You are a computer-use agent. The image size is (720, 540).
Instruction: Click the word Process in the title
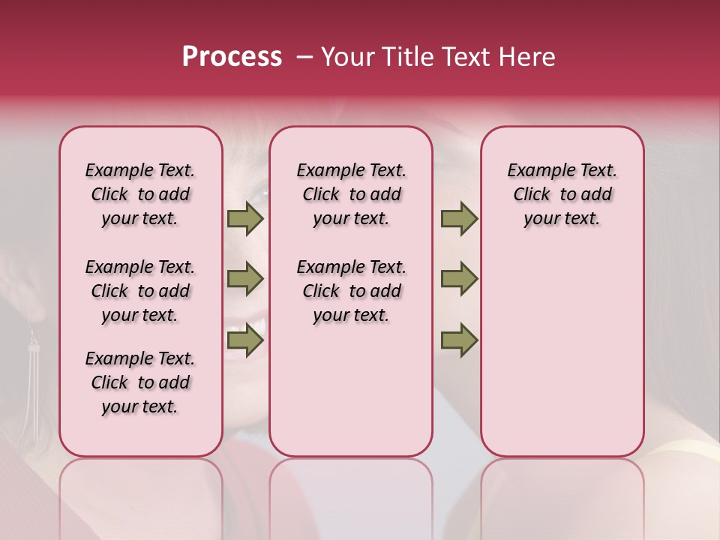[232, 57]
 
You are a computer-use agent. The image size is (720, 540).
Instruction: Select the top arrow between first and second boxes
[245, 218]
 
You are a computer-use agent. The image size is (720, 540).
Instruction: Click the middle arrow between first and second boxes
[245, 280]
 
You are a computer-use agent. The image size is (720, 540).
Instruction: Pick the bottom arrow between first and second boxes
[245, 341]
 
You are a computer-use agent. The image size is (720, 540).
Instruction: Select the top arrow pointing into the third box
[459, 218]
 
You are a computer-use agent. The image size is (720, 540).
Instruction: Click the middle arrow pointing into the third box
[459, 280]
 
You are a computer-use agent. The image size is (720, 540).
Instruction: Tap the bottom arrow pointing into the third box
[459, 341]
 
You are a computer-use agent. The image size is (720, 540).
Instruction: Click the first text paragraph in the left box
[140, 194]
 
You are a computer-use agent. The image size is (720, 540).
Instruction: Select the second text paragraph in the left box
[140, 291]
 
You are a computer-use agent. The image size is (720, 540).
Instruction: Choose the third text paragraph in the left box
[140, 382]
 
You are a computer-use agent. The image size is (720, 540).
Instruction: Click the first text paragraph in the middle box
[351, 194]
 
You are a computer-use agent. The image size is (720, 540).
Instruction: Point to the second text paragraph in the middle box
[351, 291]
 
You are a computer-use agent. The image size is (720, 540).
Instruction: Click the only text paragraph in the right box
[562, 194]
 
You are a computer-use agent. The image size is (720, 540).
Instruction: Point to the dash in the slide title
[304, 57]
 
